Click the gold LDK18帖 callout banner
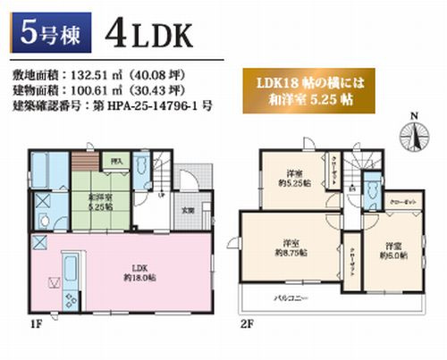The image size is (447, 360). coord(316,86)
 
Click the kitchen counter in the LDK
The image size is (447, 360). coord(70,272)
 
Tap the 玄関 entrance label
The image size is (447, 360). coord(189,212)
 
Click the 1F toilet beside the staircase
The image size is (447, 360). coord(142,170)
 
